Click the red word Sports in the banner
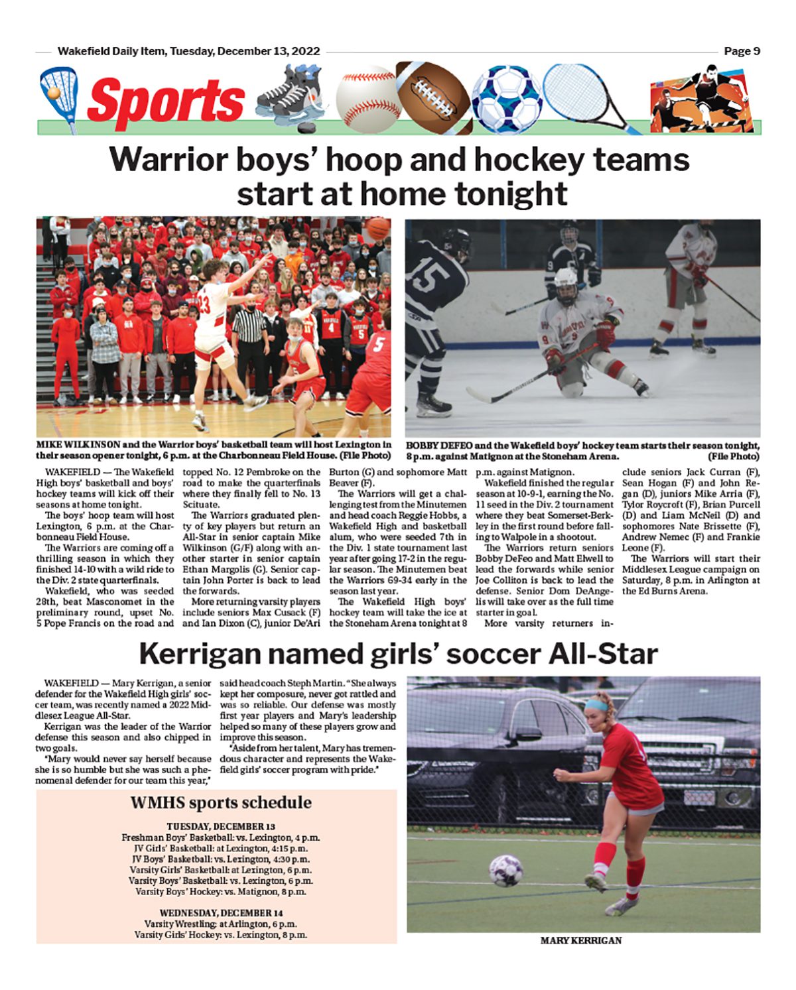(x=166, y=101)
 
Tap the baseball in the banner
(x=367, y=97)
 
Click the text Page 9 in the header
(x=742, y=51)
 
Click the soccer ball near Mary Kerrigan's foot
(x=505, y=869)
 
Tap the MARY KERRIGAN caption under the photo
(x=580, y=940)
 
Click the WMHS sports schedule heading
(x=221, y=802)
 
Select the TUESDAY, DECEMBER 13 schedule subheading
(x=221, y=826)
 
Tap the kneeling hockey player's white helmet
(x=566, y=280)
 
